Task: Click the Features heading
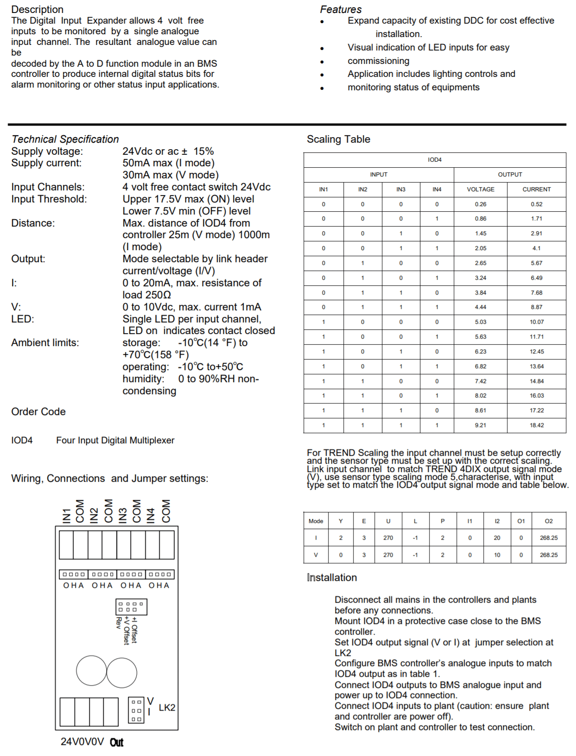(341, 9)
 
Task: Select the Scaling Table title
(338, 139)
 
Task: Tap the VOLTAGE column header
(481, 189)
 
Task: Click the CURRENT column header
(537, 189)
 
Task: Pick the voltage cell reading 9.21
(481, 425)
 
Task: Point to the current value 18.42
(537, 425)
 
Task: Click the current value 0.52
(537, 204)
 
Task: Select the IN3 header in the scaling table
(401, 189)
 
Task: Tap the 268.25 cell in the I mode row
(549, 538)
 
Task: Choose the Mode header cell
(316, 521)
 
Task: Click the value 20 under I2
(497, 538)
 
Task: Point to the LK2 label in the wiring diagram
(167, 708)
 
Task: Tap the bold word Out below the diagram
(117, 743)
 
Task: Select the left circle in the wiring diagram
(92, 670)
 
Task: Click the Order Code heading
(38, 412)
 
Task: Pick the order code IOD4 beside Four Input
(22, 441)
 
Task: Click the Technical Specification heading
(65, 139)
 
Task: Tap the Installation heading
(332, 578)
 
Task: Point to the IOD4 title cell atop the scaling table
(435, 160)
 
